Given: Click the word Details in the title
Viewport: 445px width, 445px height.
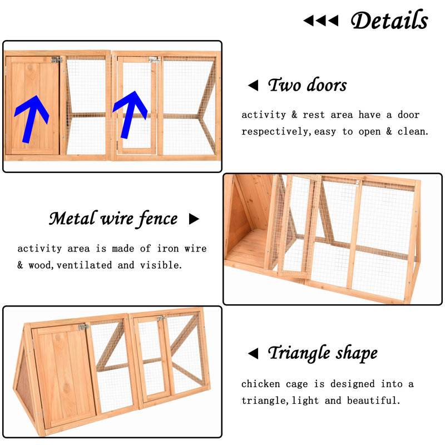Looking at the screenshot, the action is pyautogui.click(x=389, y=20).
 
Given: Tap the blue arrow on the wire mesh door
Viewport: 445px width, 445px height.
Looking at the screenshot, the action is pyautogui.click(x=130, y=115).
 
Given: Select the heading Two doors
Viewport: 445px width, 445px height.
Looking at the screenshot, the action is pyautogui.click(x=308, y=85).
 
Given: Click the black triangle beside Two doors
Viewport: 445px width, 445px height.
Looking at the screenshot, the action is pyautogui.click(x=254, y=86).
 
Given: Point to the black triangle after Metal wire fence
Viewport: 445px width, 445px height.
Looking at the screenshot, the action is pyautogui.click(x=194, y=219).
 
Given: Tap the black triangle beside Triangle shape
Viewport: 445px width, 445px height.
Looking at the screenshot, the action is pyautogui.click(x=253, y=353).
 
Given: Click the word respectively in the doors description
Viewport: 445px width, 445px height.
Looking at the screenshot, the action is pyautogui.click(x=275, y=132).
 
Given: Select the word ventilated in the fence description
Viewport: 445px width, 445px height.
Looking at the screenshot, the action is pyautogui.click(x=85, y=265).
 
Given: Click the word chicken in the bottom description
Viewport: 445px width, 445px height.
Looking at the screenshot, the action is pyautogui.click(x=260, y=384).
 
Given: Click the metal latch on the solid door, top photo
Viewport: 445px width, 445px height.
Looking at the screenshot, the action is pyautogui.click(x=57, y=60).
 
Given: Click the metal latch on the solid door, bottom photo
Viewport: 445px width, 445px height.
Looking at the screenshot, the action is pyautogui.click(x=84, y=327).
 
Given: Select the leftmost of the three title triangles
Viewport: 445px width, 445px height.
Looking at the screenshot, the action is pyautogui.click(x=309, y=21).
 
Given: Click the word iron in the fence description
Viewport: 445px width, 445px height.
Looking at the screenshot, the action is pyautogui.click(x=168, y=249).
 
